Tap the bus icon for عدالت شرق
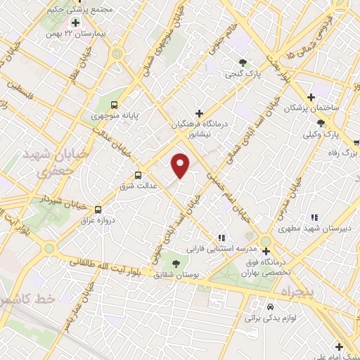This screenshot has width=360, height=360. [138, 175]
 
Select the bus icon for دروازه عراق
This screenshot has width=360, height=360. [98, 210]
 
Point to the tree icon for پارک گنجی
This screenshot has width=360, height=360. [243, 63]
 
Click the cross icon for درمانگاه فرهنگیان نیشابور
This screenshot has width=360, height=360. [200, 113]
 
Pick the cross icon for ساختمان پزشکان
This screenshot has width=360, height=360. [310, 97]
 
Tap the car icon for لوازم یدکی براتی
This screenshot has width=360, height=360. [270, 307]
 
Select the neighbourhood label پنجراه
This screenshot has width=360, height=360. [300, 290]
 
